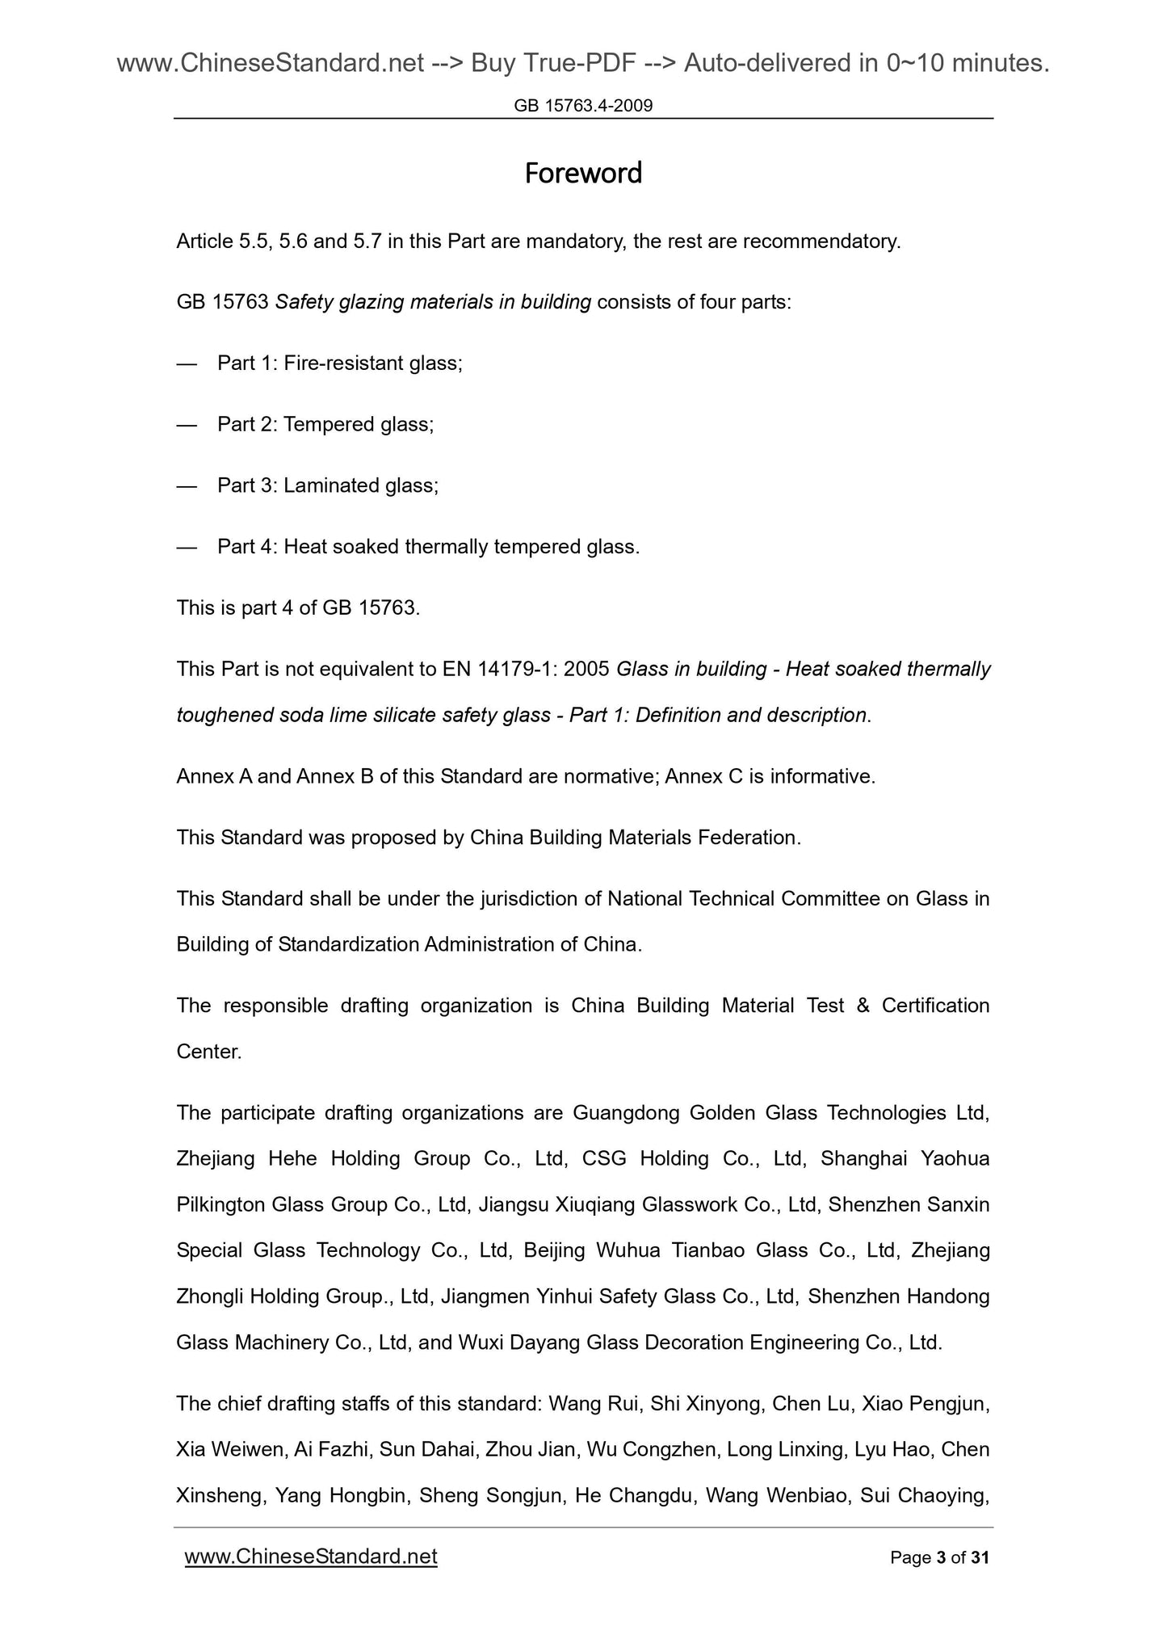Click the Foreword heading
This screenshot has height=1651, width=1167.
pyautogui.click(x=583, y=174)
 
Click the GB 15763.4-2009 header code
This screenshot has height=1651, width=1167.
pyautogui.click(x=583, y=105)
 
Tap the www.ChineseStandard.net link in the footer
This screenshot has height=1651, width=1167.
pyautogui.click(x=311, y=1556)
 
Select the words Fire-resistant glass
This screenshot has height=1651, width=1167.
pyautogui.click(x=372, y=363)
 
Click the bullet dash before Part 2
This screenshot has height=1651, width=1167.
pyautogui.click(x=187, y=425)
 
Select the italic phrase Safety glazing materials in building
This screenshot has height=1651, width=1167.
pyautogui.click(x=433, y=302)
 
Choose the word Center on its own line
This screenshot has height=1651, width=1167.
pyautogui.click(x=208, y=1052)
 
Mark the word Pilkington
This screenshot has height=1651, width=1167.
pyautogui.click(x=220, y=1205)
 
